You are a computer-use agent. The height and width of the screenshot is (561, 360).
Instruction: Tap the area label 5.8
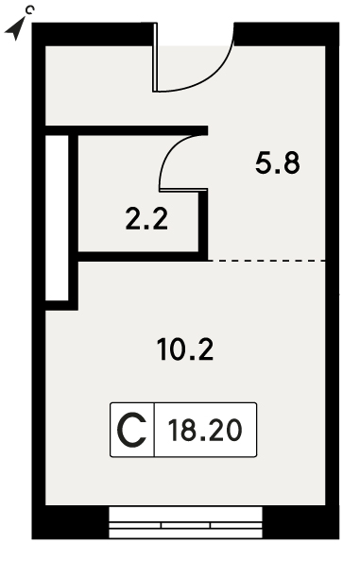[x=278, y=162]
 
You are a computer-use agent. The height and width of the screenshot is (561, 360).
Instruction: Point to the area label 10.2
[x=185, y=349]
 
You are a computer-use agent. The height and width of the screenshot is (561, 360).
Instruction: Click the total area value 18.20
[x=205, y=430]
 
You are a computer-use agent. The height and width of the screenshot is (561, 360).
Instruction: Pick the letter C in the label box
[x=132, y=430]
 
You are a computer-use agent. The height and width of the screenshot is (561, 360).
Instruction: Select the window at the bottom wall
[x=185, y=522]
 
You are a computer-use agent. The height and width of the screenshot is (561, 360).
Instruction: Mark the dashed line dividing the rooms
[x=266, y=261]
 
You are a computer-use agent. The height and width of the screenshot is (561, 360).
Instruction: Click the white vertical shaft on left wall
[x=57, y=218]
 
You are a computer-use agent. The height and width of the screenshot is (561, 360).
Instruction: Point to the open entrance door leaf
[x=155, y=58]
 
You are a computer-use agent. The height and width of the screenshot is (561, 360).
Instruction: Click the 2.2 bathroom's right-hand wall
[x=203, y=224]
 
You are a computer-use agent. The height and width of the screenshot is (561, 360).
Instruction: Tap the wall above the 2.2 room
[x=127, y=130]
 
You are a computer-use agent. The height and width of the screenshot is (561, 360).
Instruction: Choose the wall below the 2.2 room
[x=143, y=257]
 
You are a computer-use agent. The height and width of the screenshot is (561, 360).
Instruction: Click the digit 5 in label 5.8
[x=264, y=162]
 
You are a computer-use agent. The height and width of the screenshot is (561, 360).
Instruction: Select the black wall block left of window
[x=70, y=522]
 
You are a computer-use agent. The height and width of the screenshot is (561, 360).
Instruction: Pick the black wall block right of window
[x=301, y=522]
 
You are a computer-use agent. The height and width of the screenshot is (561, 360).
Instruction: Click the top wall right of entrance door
[x=286, y=34]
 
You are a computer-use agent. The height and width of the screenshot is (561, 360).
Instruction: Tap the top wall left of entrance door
[x=94, y=34]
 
